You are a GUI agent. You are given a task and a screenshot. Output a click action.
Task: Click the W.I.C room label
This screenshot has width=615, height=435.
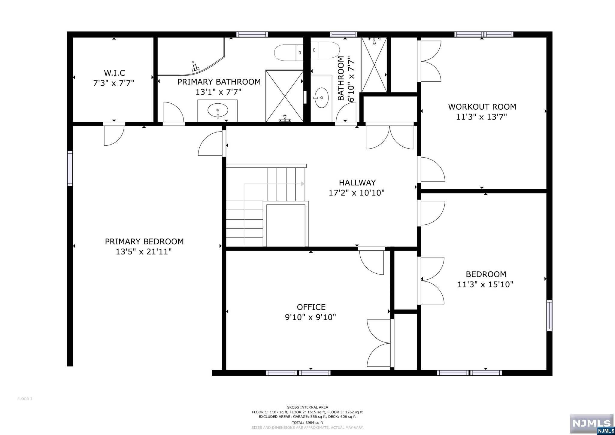114,73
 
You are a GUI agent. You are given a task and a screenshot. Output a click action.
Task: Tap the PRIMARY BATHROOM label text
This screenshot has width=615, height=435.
219,82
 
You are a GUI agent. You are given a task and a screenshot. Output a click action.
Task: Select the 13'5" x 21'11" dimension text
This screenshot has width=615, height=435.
144,251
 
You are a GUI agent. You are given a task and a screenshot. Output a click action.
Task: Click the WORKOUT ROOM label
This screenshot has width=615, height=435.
482,107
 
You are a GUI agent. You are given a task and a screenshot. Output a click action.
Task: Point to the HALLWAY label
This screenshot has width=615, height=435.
357,183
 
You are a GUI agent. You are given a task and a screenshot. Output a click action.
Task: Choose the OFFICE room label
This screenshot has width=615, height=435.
311,307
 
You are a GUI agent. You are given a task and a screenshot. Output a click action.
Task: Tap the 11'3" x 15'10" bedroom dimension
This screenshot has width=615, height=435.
485,284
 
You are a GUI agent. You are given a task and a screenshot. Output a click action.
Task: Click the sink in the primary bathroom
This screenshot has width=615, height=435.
218,111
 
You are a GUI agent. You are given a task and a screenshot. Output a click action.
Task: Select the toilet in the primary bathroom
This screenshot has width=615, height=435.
289,53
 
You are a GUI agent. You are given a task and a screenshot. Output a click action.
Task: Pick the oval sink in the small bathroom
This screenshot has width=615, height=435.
321,98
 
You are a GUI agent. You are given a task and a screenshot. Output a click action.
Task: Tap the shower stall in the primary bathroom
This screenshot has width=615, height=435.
284,96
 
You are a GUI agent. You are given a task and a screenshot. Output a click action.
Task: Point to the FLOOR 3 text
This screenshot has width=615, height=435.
25,399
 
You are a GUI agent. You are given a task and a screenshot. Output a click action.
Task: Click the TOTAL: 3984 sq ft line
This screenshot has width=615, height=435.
307,422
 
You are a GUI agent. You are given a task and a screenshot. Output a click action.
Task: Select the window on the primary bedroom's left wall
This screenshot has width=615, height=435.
70,168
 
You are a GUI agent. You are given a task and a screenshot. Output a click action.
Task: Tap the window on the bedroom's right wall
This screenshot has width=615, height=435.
549,315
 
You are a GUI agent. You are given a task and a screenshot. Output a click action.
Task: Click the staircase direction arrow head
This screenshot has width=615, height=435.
303,184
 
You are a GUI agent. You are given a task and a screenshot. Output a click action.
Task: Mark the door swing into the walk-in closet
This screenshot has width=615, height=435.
114,134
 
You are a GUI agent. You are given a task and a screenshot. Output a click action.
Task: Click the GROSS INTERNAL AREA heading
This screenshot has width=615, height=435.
307,407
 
